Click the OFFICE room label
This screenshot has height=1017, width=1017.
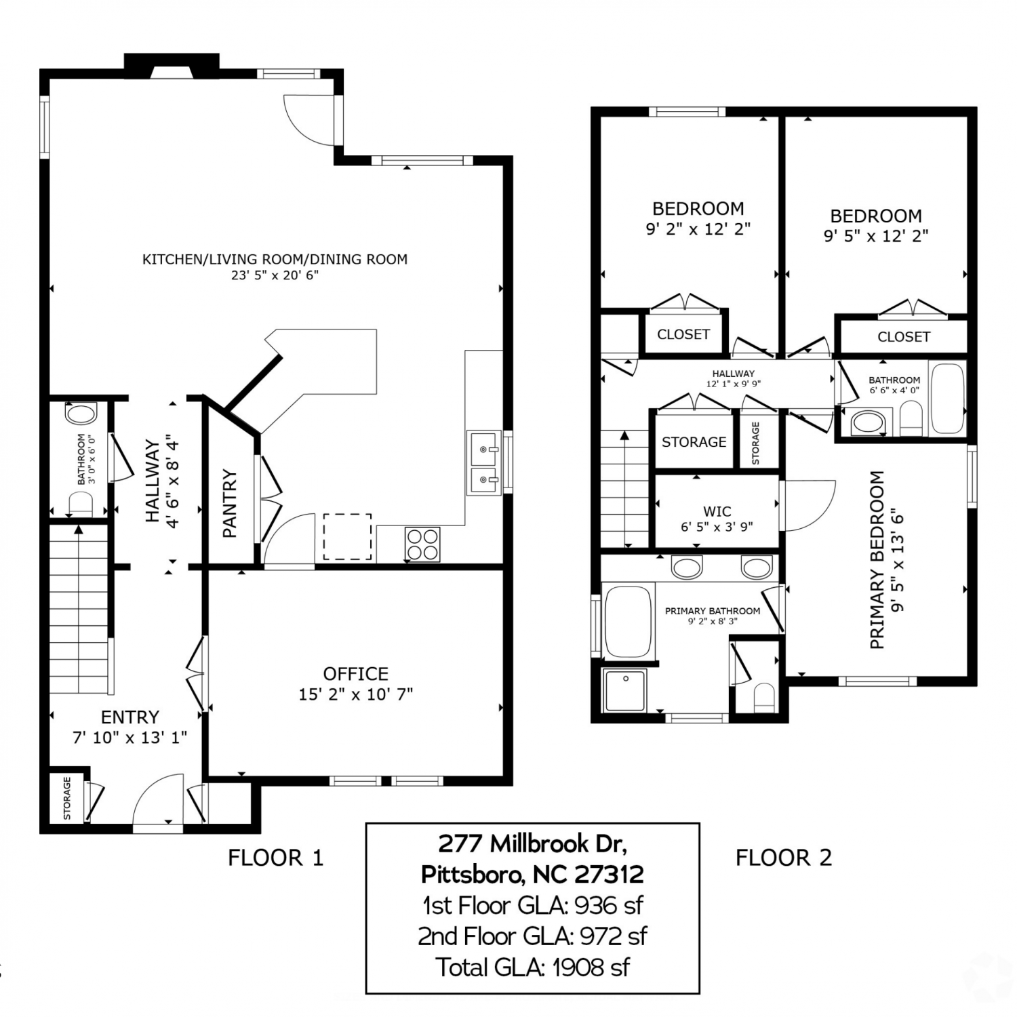[x=356, y=673]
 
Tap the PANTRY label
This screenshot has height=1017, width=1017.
[x=230, y=503]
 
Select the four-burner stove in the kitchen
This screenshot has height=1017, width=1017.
[x=422, y=544]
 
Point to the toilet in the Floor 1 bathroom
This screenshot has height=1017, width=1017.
[x=81, y=503]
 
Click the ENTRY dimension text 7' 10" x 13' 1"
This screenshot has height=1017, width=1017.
[x=130, y=737]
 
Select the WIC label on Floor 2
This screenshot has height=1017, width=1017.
[x=717, y=511]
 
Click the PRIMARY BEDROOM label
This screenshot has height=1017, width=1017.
[x=877, y=559]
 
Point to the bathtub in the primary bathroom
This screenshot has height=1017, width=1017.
[x=628, y=622]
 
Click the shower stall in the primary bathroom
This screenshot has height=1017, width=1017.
[x=625, y=690]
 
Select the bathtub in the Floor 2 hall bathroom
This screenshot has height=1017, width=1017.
[x=947, y=399]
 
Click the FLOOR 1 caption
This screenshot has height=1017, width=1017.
[x=275, y=858]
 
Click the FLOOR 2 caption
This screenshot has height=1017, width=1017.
[x=784, y=858]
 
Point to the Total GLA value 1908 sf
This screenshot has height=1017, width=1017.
[x=591, y=967]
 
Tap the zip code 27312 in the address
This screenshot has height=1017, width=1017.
[x=609, y=874]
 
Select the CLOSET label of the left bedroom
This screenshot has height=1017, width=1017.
[x=683, y=334]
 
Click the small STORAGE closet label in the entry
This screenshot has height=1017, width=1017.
[x=66, y=798]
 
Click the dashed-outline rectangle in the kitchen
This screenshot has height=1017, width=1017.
[x=347, y=537]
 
